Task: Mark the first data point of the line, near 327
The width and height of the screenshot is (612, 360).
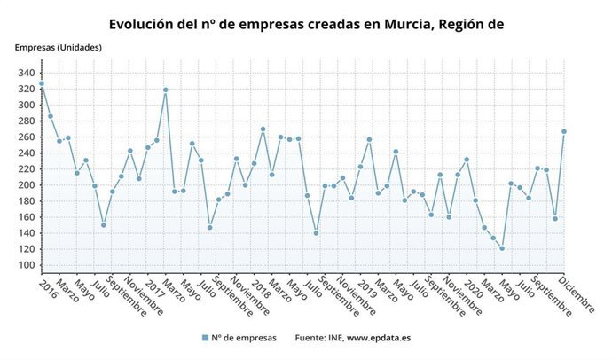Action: point(42,83)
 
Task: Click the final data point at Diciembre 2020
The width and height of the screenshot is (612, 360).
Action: point(564,131)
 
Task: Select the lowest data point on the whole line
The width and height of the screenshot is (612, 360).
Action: point(502,248)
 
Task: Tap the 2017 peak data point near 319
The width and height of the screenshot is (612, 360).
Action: point(166,90)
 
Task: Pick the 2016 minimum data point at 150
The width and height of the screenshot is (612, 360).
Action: point(104,225)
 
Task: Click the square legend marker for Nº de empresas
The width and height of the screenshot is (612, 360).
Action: point(205,338)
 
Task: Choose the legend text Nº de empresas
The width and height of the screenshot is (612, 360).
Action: point(244,338)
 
